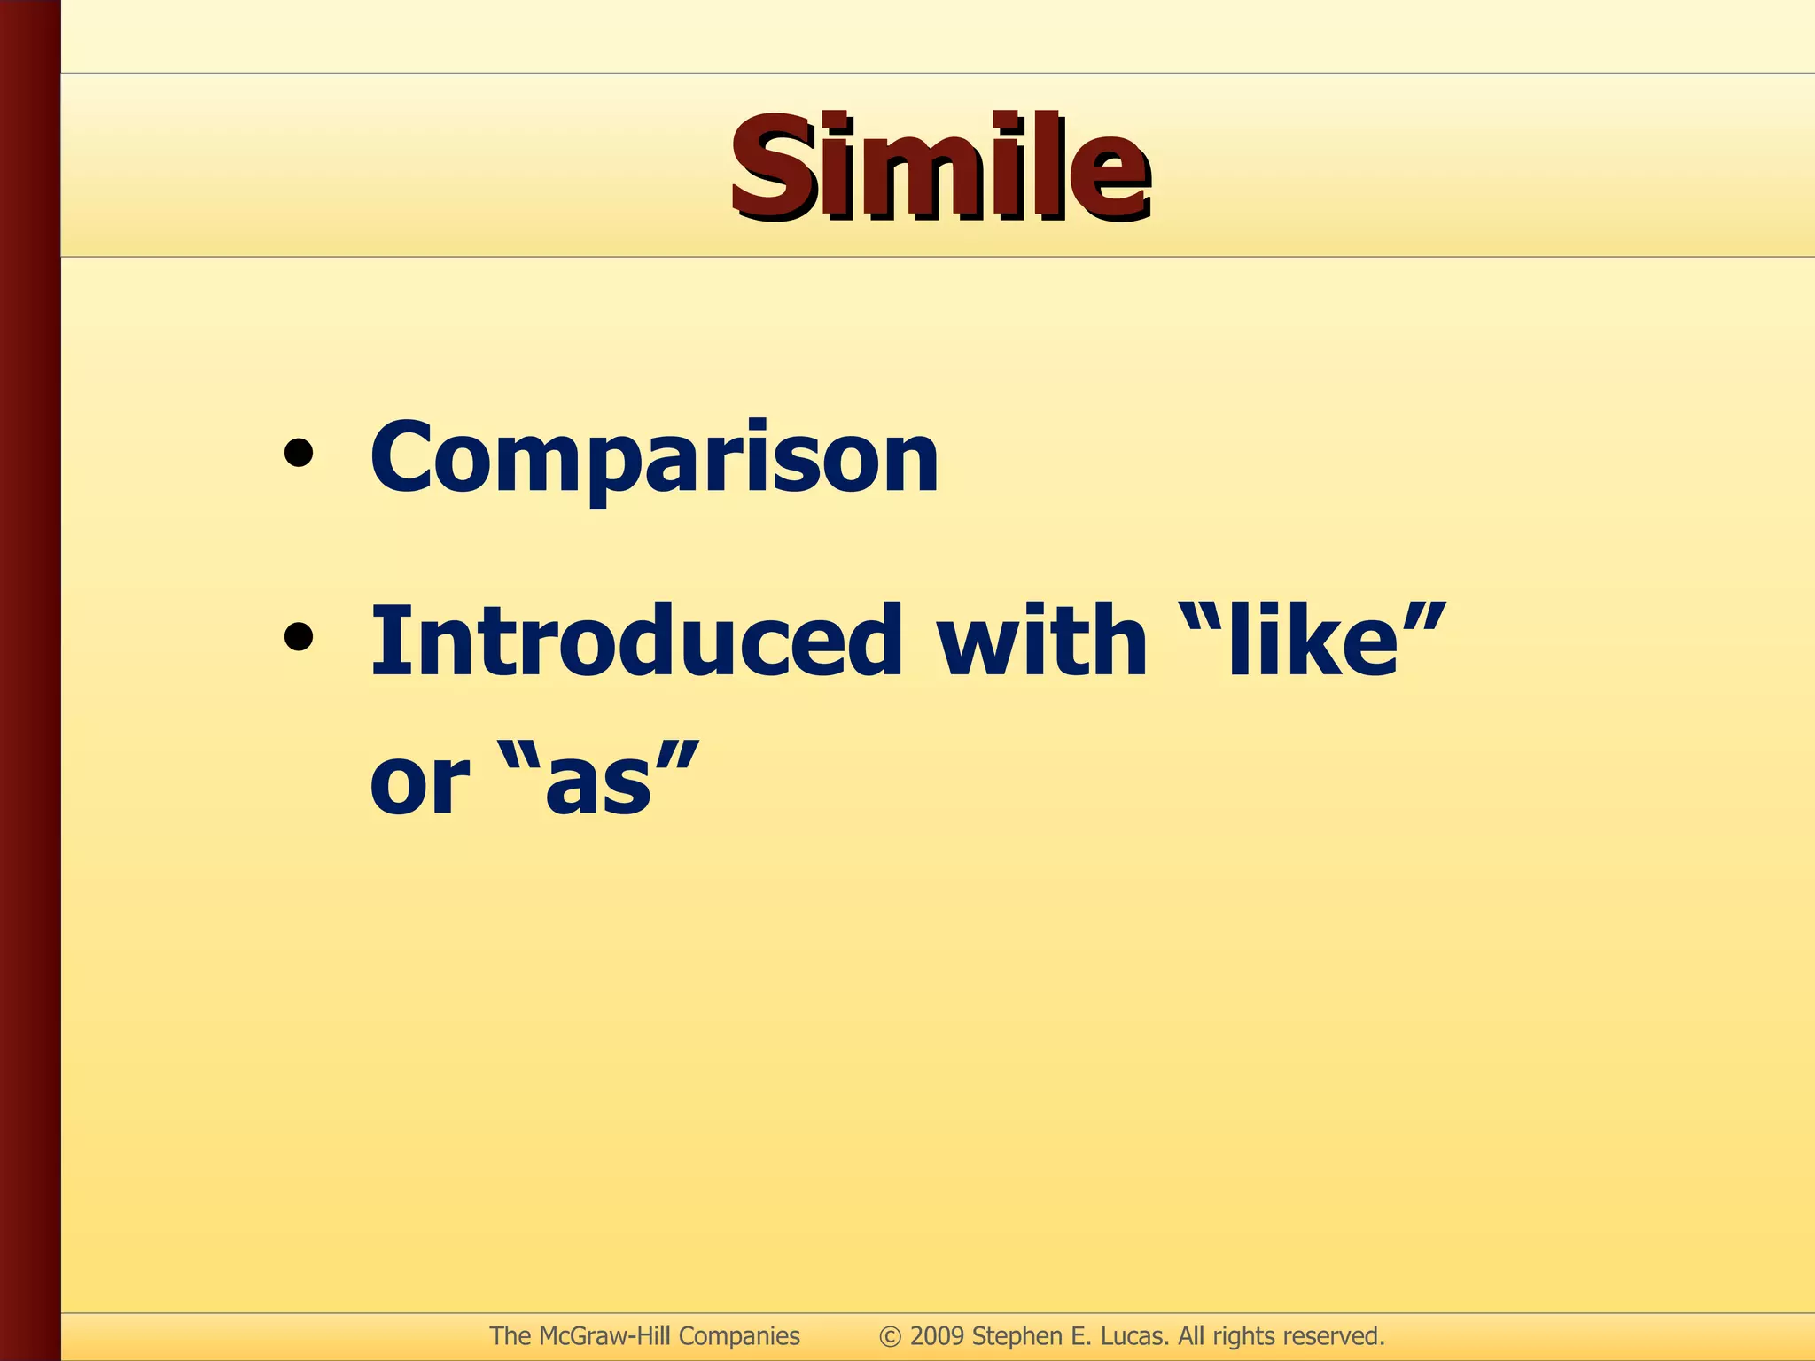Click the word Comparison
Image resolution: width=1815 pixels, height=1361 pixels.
tap(654, 457)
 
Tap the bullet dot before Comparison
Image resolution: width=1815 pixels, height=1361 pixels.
tap(299, 453)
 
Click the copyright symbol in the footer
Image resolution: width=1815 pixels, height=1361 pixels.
tap(890, 1336)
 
